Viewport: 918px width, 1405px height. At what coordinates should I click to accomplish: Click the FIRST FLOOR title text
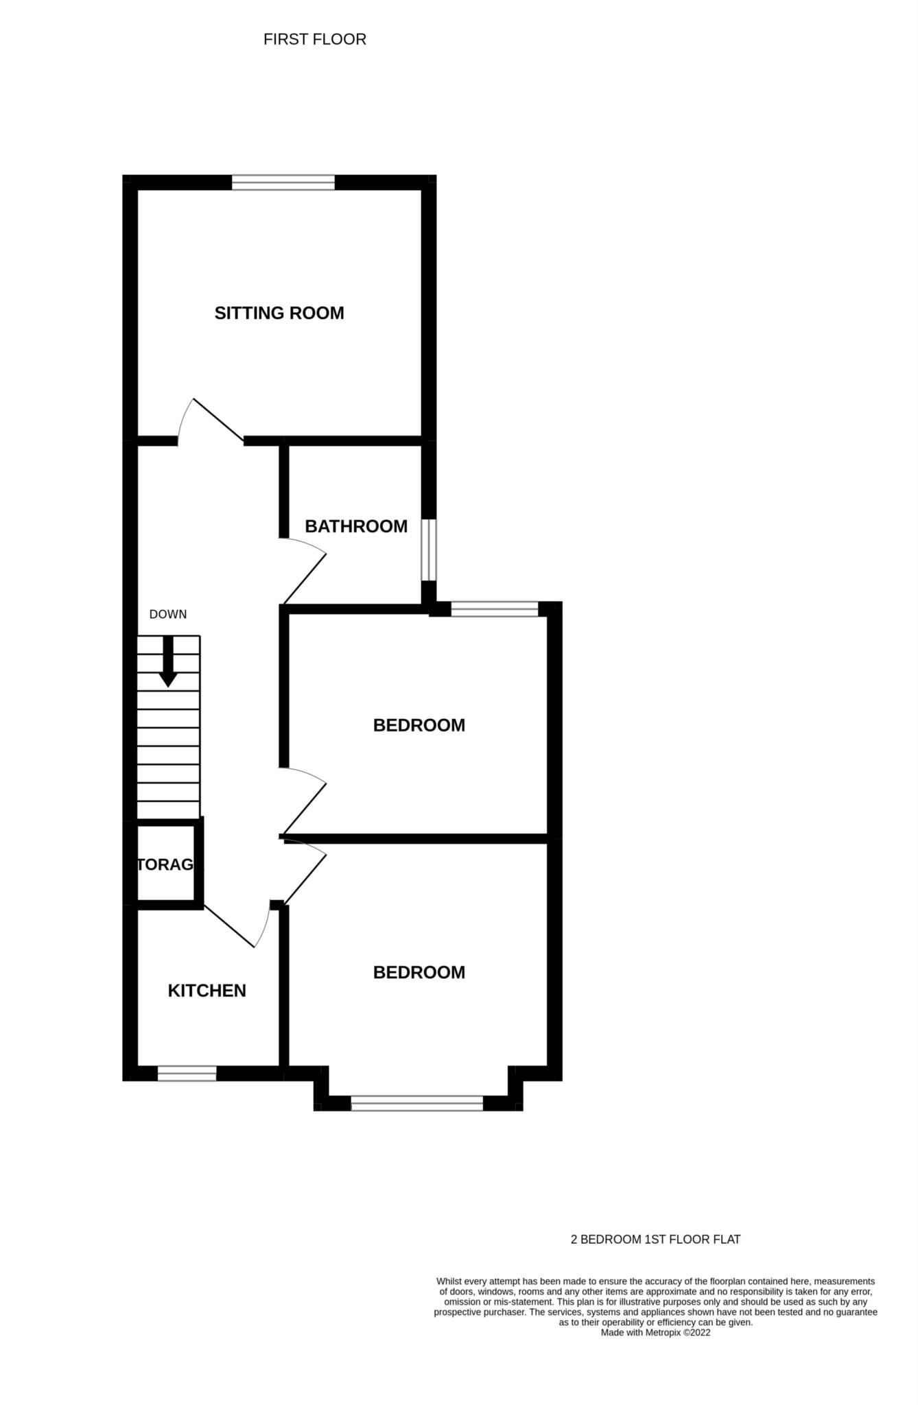(315, 40)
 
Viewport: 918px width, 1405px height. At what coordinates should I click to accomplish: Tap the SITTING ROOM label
(279, 313)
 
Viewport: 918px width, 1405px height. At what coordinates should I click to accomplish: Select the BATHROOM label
(356, 526)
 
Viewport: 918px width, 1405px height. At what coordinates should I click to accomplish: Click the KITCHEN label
(207, 991)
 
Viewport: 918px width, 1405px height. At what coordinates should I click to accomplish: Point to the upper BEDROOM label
(419, 725)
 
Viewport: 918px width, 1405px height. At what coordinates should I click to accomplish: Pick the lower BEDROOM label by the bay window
(419, 972)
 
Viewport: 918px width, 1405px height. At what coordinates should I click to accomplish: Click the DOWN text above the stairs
(168, 614)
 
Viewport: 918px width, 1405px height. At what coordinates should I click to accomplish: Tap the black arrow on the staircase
(168, 662)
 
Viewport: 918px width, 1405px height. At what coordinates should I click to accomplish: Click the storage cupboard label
(165, 864)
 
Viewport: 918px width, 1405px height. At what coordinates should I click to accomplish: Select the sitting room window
(283, 182)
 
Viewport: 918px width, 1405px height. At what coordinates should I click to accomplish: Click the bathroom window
(429, 550)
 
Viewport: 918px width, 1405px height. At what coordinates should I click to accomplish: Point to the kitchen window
(187, 1074)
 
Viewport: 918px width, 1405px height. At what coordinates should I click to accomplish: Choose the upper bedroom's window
(495, 609)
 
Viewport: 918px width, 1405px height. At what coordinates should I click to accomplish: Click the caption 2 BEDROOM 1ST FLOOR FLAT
(656, 1240)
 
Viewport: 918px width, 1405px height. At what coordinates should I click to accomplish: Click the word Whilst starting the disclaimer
(449, 1282)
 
